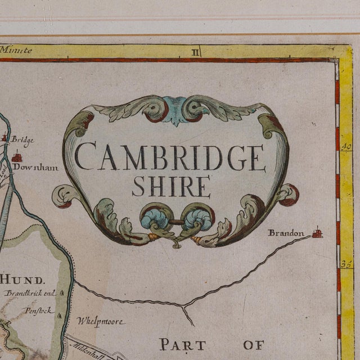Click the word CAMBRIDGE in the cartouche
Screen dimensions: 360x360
click(170, 159)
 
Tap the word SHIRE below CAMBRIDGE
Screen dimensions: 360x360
click(171, 186)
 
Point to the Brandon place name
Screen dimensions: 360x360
click(286, 233)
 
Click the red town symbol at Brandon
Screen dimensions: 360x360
click(318, 232)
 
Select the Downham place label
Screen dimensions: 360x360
click(36, 167)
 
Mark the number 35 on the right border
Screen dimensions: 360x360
click(345, 263)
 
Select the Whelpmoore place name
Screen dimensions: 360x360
click(101, 322)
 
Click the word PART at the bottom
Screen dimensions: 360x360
click(182, 344)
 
